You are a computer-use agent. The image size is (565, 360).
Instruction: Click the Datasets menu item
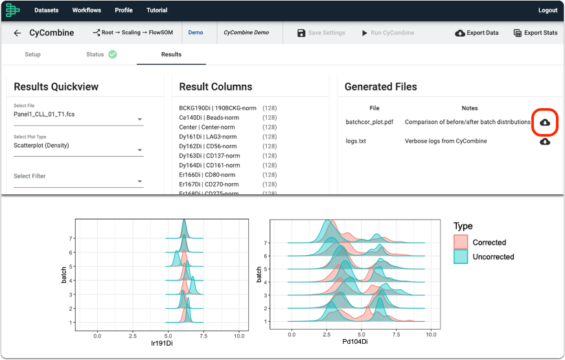coord(47,10)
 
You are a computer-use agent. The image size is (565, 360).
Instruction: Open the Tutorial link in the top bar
coord(157,10)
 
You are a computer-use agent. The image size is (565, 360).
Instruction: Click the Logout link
coord(548,10)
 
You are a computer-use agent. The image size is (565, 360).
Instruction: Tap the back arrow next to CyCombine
coord(17,33)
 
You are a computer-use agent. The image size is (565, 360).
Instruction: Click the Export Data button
coord(477,33)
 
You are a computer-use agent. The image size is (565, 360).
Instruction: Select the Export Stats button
coord(535,33)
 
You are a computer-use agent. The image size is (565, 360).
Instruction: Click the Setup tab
coord(33,54)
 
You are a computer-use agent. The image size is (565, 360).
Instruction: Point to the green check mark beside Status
coord(113,54)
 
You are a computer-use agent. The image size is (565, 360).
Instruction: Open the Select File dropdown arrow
coord(140,119)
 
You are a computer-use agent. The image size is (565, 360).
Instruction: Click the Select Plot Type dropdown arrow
coord(140,150)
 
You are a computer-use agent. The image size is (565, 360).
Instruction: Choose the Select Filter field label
coord(30,176)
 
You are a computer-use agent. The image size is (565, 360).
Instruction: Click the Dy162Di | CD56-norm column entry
coord(208,146)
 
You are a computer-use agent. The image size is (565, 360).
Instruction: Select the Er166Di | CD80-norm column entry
coord(207,175)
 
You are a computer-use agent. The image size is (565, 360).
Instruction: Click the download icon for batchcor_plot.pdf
coord(545,122)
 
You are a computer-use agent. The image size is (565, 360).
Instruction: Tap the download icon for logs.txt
coord(545,142)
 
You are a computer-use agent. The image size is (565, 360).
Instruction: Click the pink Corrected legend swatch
coord(461,242)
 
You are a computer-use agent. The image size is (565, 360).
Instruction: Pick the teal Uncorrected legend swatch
coord(461,256)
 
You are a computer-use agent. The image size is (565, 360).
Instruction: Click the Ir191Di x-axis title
coord(162,343)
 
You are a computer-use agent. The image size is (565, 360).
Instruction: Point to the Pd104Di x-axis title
coord(355,342)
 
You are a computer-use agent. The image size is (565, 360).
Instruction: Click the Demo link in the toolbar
coord(196,32)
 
